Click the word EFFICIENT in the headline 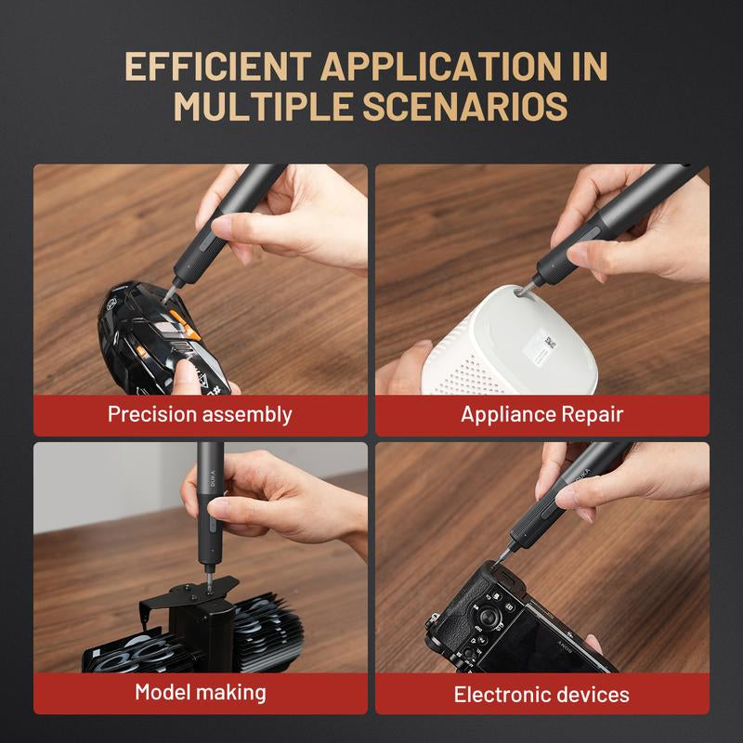click(215, 68)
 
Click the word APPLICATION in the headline click(443, 68)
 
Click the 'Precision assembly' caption click(200, 414)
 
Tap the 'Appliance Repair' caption click(541, 414)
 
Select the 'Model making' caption click(200, 692)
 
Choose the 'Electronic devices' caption click(541, 694)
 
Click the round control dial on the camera click(486, 618)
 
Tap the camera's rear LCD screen click(557, 641)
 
